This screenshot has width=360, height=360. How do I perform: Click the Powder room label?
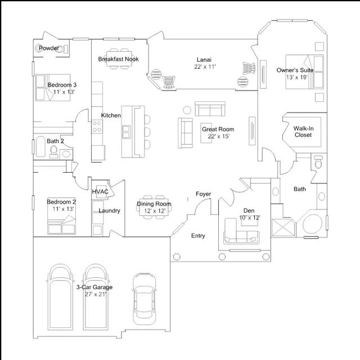click(x=49, y=48)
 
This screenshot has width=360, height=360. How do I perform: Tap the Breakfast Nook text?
click(x=118, y=59)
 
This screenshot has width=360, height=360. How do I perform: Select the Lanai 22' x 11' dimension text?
click(x=205, y=66)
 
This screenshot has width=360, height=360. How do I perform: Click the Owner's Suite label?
click(x=295, y=70)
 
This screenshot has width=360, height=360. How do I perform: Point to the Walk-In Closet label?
click(x=303, y=132)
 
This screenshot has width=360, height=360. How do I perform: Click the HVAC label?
click(x=100, y=191)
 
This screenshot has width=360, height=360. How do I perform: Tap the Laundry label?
click(x=109, y=210)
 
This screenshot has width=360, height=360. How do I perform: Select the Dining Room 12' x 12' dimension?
click(x=155, y=211)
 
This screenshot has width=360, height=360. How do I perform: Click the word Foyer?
click(x=203, y=194)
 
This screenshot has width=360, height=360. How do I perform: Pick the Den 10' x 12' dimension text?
click(x=250, y=218)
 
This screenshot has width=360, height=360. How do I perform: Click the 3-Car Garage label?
click(x=94, y=287)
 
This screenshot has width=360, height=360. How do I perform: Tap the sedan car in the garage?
click(x=145, y=299)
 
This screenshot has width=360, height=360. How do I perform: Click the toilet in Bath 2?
click(x=54, y=151)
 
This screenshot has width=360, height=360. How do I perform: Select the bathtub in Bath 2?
click(x=40, y=146)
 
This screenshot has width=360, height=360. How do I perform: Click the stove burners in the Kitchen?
click(x=97, y=127)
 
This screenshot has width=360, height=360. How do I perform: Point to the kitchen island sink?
click(x=126, y=132)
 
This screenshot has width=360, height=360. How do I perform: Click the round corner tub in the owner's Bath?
click(x=312, y=224)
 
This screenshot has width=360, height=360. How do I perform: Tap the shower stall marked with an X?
click(x=283, y=227)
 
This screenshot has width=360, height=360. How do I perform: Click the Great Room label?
click(x=218, y=129)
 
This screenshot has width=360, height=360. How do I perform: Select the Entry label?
click(x=198, y=236)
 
